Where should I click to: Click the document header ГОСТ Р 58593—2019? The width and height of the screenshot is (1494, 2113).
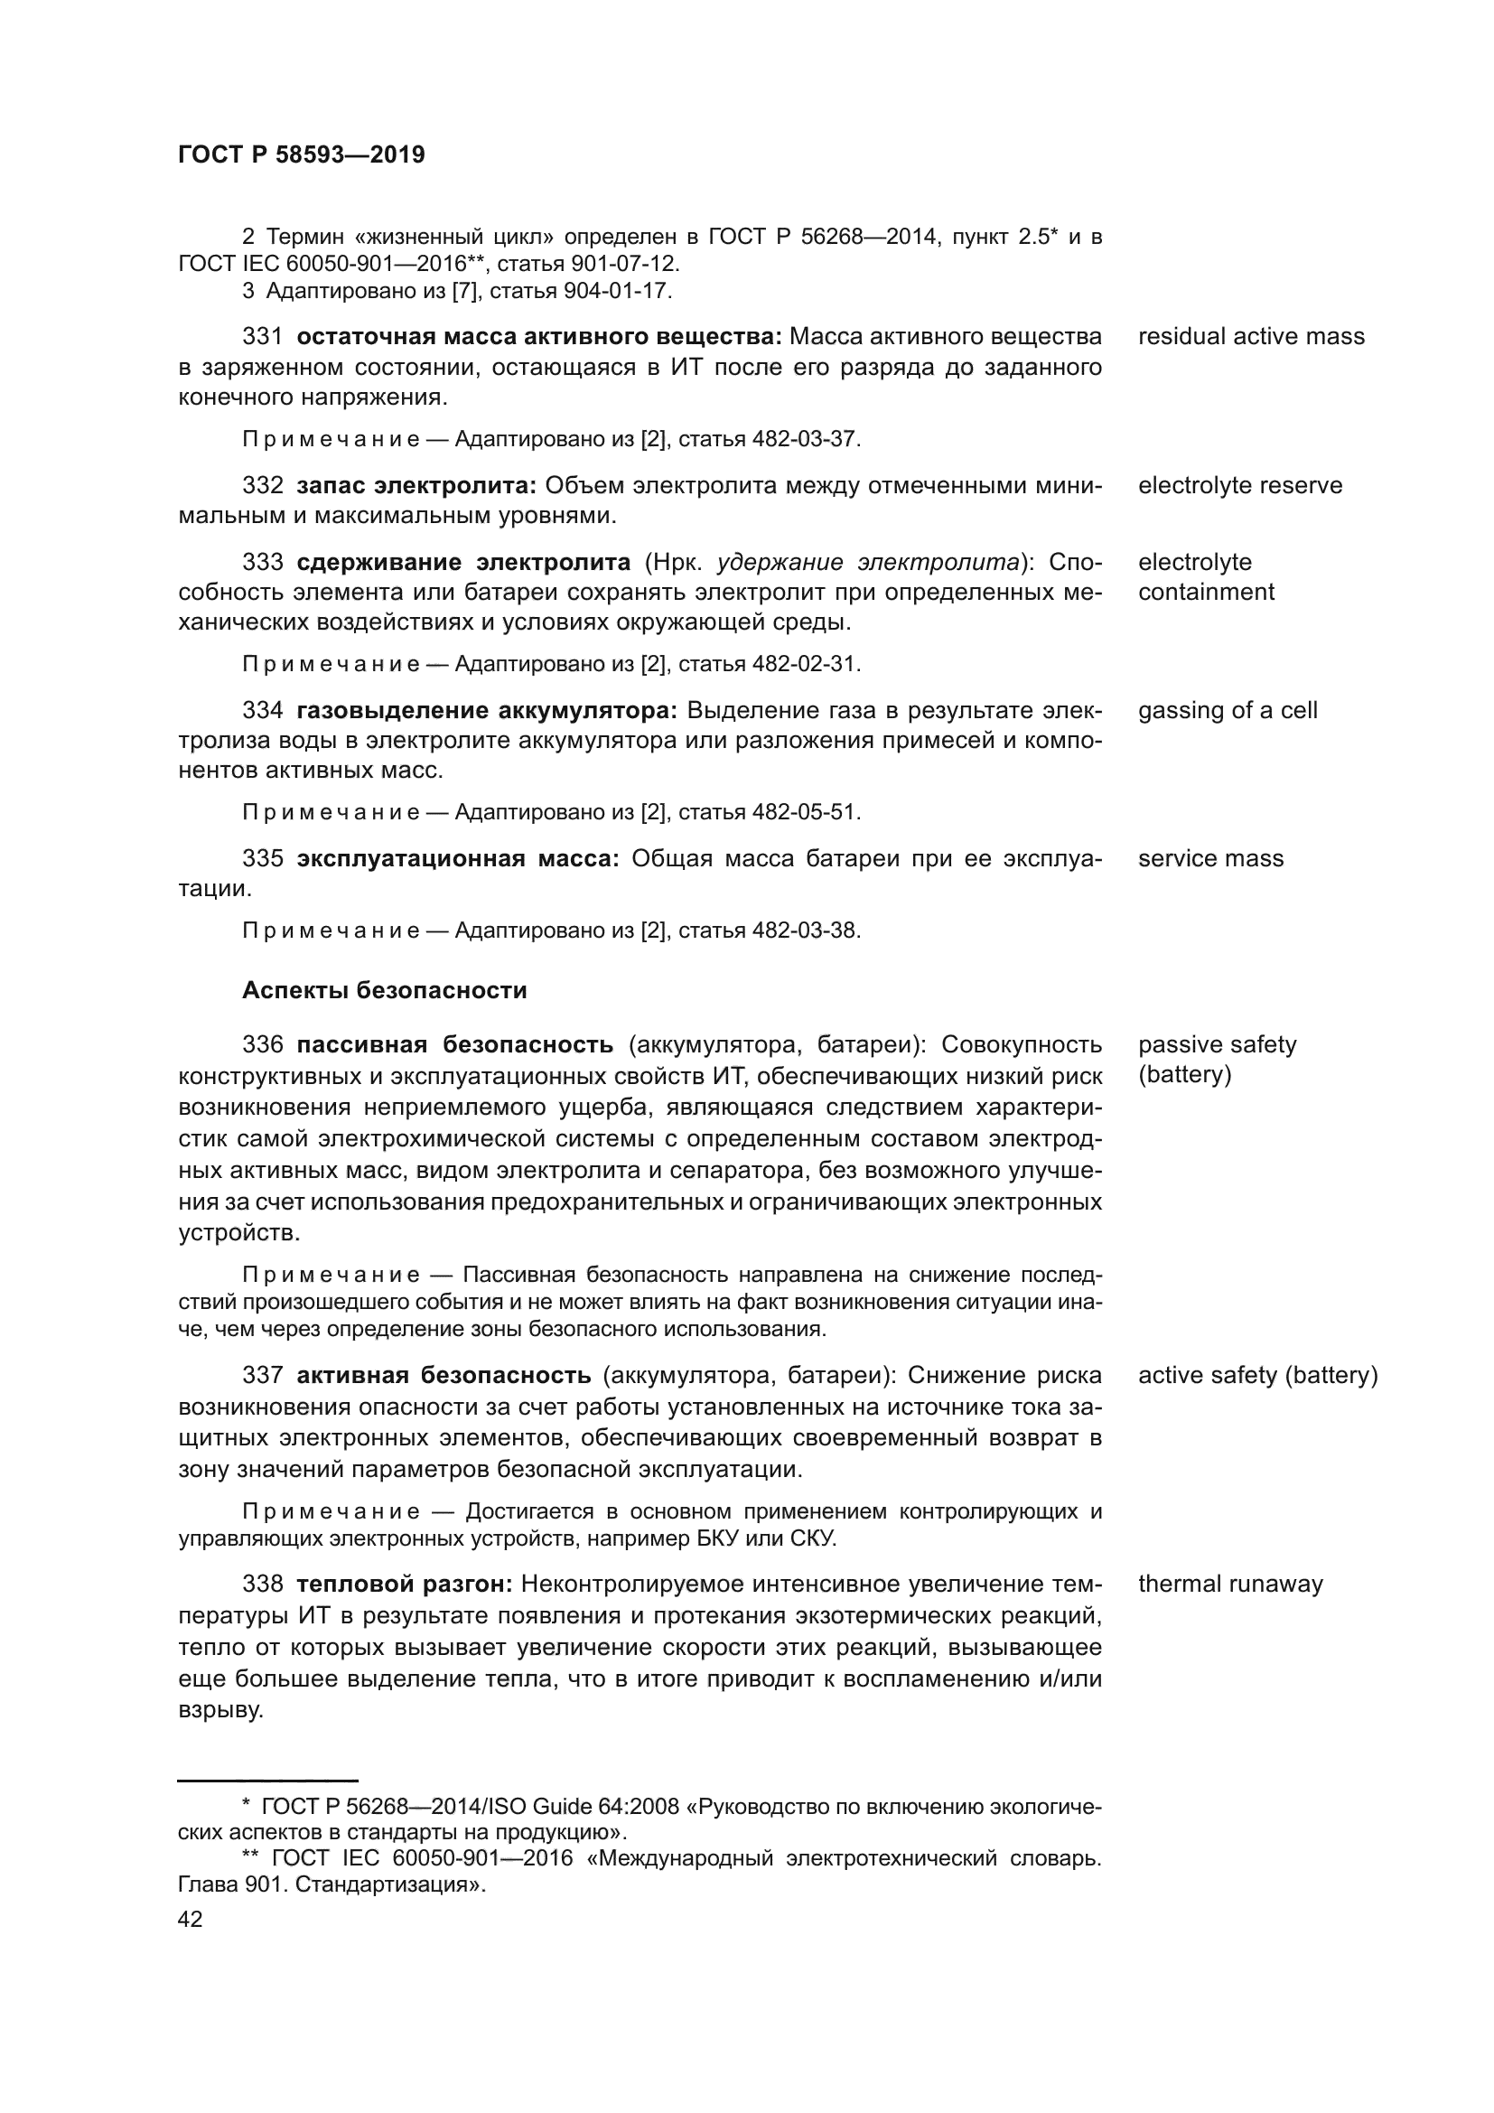point(301,155)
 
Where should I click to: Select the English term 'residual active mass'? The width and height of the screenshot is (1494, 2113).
point(1250,337)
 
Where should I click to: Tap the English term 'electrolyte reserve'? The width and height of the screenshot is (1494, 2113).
point(1239,486)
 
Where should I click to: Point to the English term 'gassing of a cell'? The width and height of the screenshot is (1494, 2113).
point(1228,710)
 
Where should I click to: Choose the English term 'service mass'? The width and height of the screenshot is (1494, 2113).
point(1209,858)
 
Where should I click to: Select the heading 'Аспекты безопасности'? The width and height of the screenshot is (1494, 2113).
point(384,991)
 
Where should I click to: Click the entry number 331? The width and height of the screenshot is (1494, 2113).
point(262,337)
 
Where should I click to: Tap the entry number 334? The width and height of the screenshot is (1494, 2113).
point(262,710)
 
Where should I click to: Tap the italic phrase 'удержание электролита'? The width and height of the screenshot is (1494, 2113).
point(868,562)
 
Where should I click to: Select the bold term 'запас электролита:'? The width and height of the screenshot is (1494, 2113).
point(416,486)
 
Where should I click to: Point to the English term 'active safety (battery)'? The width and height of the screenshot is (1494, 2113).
point(1257,1376)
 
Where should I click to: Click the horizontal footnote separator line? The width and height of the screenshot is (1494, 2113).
point(266,1781)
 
